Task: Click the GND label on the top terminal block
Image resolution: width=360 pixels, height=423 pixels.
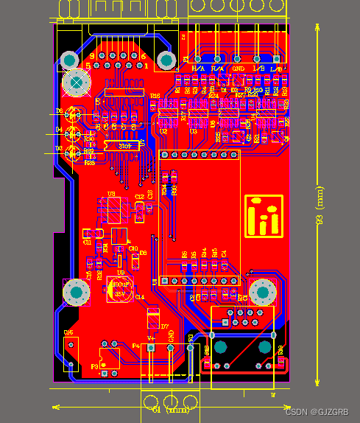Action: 238,69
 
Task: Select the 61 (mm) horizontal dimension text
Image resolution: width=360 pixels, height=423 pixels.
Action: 169,409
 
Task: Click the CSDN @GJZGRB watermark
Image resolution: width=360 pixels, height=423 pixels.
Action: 317,412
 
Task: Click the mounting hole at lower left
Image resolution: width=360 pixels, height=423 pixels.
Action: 75,293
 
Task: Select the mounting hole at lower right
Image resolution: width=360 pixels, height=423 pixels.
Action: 261,292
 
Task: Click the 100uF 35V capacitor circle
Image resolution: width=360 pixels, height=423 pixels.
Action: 120,288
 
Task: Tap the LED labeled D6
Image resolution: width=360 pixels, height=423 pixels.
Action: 72,114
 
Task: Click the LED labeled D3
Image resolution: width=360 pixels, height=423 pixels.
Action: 72,153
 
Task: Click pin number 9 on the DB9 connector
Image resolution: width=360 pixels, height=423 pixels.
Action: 92,56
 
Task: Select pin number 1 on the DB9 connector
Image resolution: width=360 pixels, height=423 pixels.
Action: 146,66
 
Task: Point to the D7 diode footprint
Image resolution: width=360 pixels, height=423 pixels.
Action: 154,318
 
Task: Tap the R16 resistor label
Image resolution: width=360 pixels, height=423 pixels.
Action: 155,96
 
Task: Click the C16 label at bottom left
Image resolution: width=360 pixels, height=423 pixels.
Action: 68,332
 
